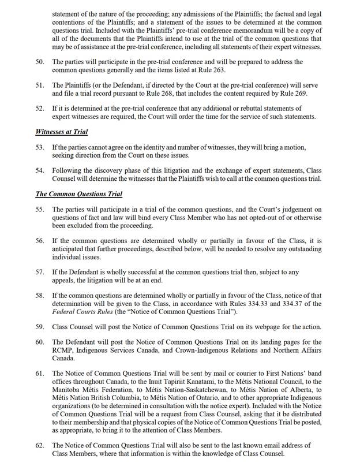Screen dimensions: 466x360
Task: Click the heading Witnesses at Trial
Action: tap(62, 132)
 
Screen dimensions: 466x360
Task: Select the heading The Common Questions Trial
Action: tap(78, 194)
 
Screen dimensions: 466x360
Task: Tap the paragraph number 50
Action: tap(40, 62)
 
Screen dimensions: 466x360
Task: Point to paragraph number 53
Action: tap(40, 148)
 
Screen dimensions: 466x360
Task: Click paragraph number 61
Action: tap(40, 374)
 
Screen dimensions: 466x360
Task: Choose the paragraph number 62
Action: tap(40, 445)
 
